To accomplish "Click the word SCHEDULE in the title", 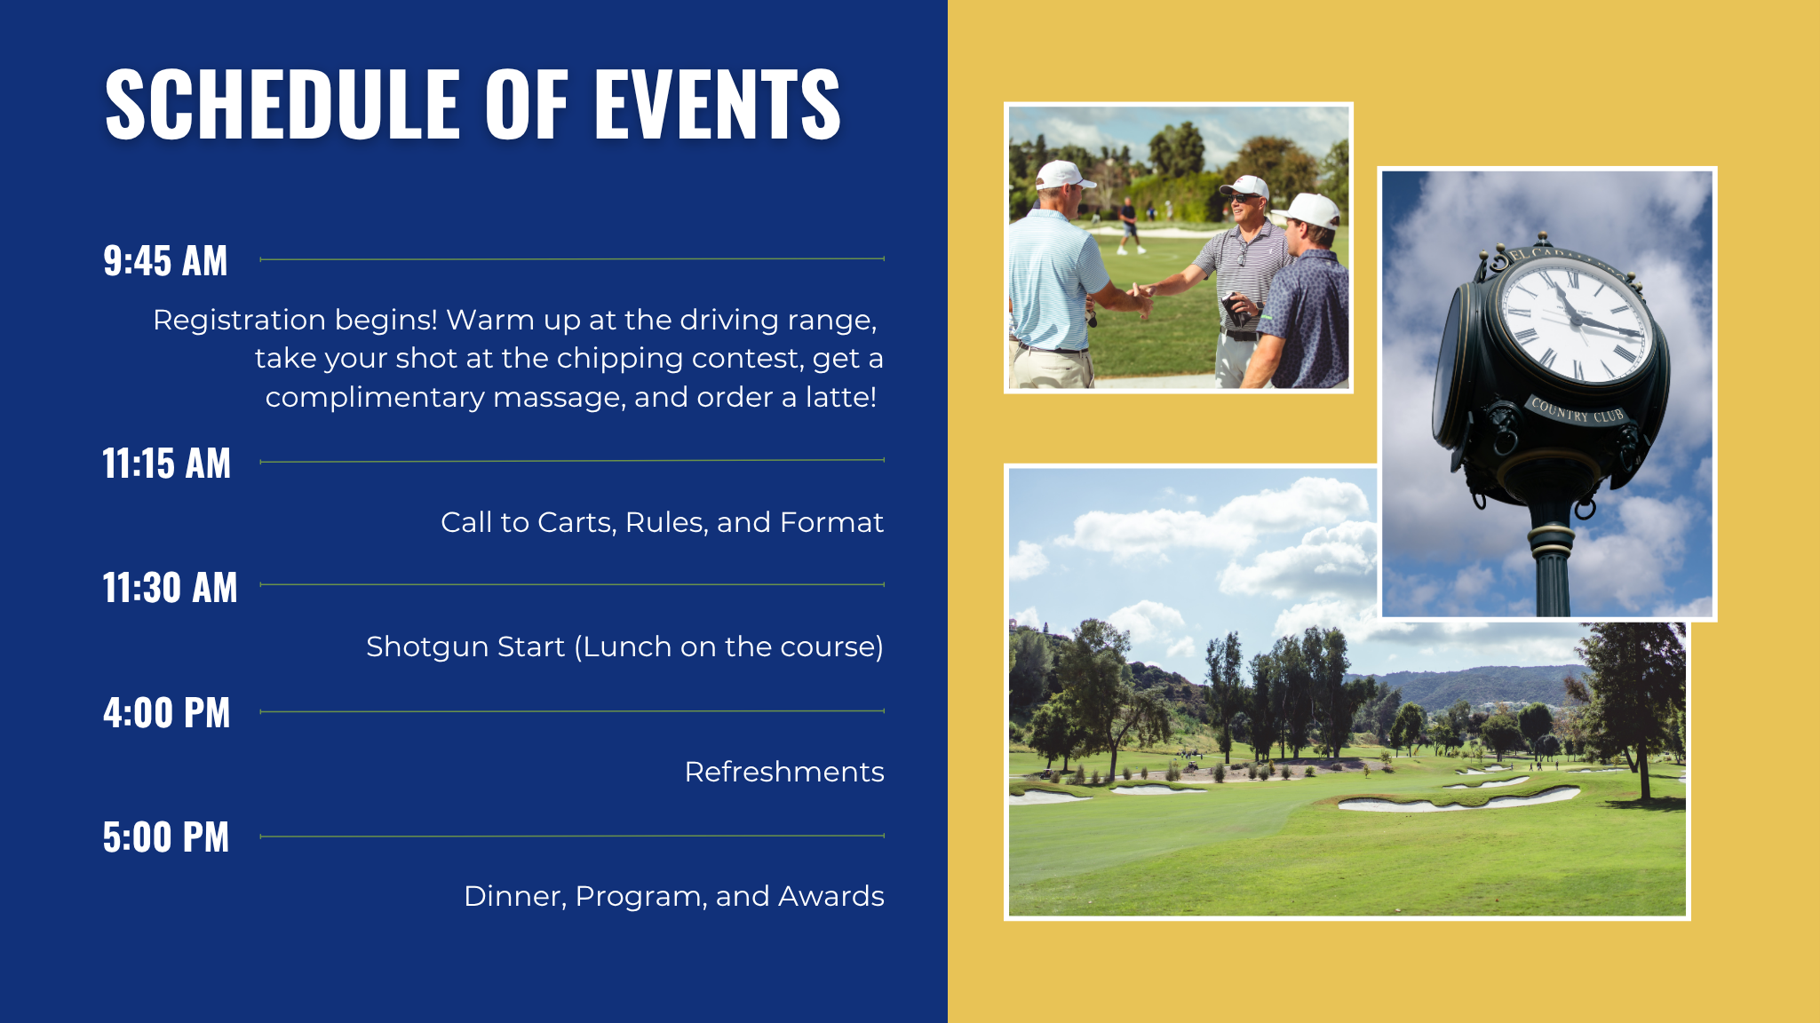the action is [282, 104].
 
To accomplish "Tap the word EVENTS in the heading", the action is [718, 104].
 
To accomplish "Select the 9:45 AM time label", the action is [165, 261].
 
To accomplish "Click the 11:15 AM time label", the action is [167, 464].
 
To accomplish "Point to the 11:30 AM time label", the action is [171, 588].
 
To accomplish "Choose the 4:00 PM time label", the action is [167, 713].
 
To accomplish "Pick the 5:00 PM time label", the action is [166, 837].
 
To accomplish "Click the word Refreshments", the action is [784, 772].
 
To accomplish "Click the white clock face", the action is [1575, 323].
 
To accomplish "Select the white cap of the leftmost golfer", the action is [1063, 175].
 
